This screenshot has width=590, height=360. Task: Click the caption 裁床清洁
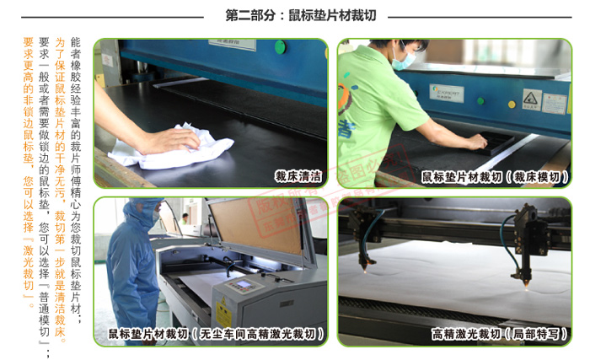click(x=298, y=177)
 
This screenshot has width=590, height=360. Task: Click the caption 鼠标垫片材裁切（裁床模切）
click(x=494, y=177)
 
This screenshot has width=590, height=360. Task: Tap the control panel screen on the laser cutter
click(x=240, y=284)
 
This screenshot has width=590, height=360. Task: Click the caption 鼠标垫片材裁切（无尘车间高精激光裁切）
click(x=216, y=335)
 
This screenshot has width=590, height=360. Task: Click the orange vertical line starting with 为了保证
click(x=59, y=169)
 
